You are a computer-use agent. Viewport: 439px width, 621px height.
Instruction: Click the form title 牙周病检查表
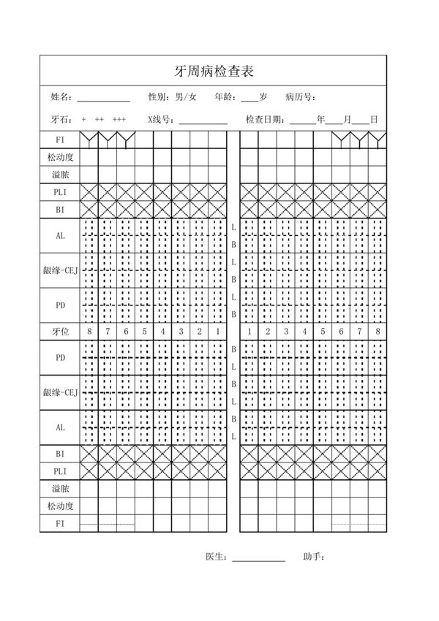coord(214,72)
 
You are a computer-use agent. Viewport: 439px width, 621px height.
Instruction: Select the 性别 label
coord(158,96)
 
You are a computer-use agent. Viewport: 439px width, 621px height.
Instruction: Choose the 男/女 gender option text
coord(186,96)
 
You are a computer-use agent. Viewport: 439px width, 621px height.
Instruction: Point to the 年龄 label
coord(225,96)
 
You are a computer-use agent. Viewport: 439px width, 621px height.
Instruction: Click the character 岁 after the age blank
coord(263,96)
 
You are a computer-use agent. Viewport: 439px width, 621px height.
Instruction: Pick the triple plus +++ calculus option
coord(119,119)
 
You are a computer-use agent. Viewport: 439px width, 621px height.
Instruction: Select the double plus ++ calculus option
coord(100,119)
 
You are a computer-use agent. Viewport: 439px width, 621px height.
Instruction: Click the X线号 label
coord(158,119)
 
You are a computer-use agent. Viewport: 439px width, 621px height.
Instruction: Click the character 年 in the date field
coord(320,119)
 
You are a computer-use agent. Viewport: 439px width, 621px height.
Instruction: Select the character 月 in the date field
coord(347,119)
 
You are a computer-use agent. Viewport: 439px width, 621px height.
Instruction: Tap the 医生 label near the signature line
coord(217,557)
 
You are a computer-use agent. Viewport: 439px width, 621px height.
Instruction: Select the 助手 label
coord(313,557)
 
